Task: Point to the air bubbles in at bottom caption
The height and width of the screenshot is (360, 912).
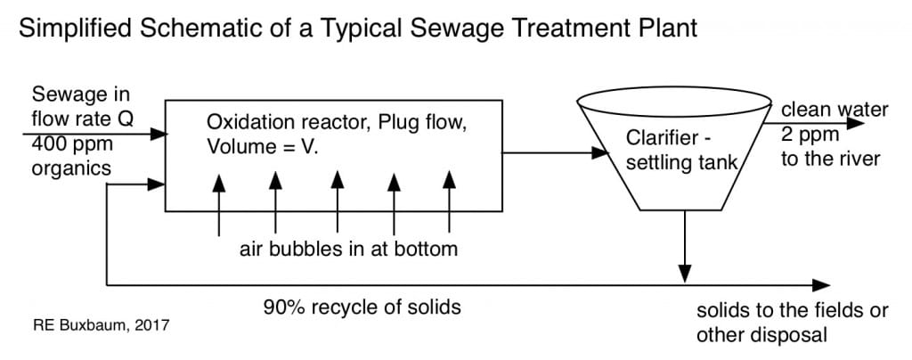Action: click(348, 249)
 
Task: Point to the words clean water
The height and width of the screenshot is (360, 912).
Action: click(834, 110)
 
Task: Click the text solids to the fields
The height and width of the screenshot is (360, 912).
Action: click(792, 312)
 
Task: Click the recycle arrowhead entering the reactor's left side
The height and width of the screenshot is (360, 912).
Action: click(159, 184)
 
